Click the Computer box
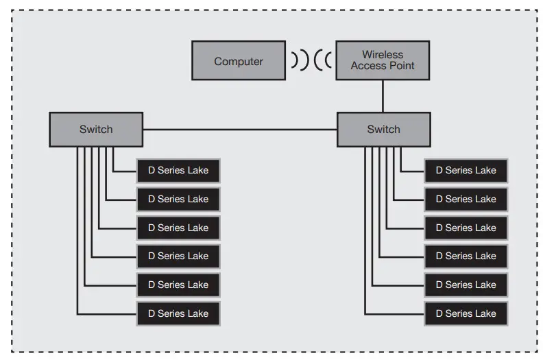(x=239, y=60)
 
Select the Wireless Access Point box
(x=383, y=60)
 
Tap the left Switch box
(x=96, y=129)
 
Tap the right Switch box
(x=384, y=129)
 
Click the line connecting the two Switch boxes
(x=240, y=130)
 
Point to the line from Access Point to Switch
(x=383, y=96)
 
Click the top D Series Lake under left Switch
(x=178, y=171)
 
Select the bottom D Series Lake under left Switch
(x=178, y=313)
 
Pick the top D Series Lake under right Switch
(x=466, y=171)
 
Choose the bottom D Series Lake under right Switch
(x=466, y=313)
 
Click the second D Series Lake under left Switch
(x=178, y=200)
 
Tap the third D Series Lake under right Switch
(x=466, y=228)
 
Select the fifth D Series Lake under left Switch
(x=178, y=285)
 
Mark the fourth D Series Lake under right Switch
(x=466, y=256)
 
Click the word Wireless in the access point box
(x=383, y=55)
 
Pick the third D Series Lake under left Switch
(x=178, y=228)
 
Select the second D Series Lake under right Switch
(x=466, y=200)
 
